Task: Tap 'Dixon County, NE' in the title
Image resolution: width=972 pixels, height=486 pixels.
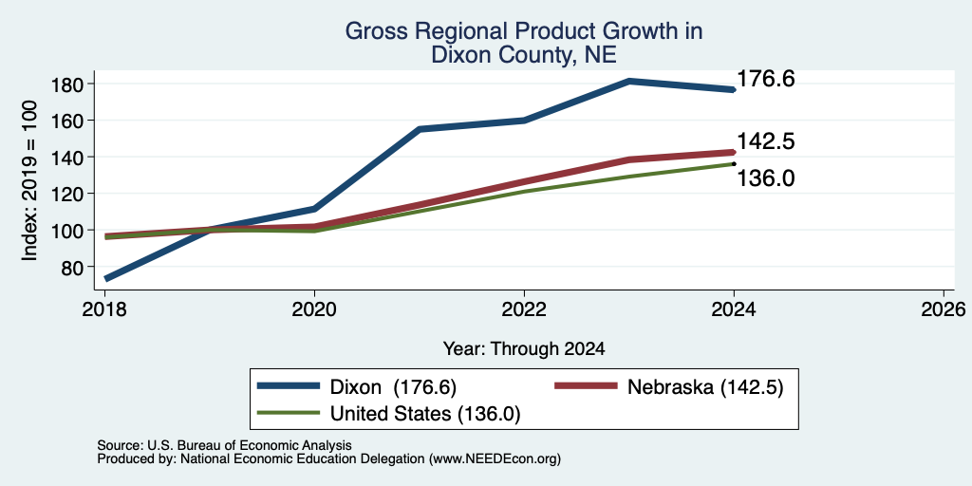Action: click(x=523, y=55)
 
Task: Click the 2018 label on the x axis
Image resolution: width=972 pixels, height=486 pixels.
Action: click(x=105, y=309)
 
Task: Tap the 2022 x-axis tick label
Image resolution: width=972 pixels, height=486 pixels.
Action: click(x=524, y=309)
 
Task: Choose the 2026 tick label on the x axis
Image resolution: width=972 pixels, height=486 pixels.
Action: click(x=944, y=309)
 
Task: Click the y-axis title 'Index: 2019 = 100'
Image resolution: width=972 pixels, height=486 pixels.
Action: click(x=29, y=181)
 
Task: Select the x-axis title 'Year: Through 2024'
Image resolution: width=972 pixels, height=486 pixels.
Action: click(x=524, y=349)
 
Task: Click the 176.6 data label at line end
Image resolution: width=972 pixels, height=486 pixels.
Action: click(x=766, y=80)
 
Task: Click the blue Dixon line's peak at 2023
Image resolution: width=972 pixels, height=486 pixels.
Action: click(x=629, y=82)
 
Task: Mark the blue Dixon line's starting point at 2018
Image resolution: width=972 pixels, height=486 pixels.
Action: click(x=106, y=278)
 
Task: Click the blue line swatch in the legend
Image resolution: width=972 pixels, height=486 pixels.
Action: click(x=289, y=386)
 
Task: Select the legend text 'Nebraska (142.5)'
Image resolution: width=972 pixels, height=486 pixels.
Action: click(x=705, y=387)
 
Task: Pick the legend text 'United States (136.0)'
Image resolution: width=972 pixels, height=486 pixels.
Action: click(x=425, y=414)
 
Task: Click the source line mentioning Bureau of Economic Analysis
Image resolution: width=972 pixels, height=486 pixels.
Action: click(x=224, y=445)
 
